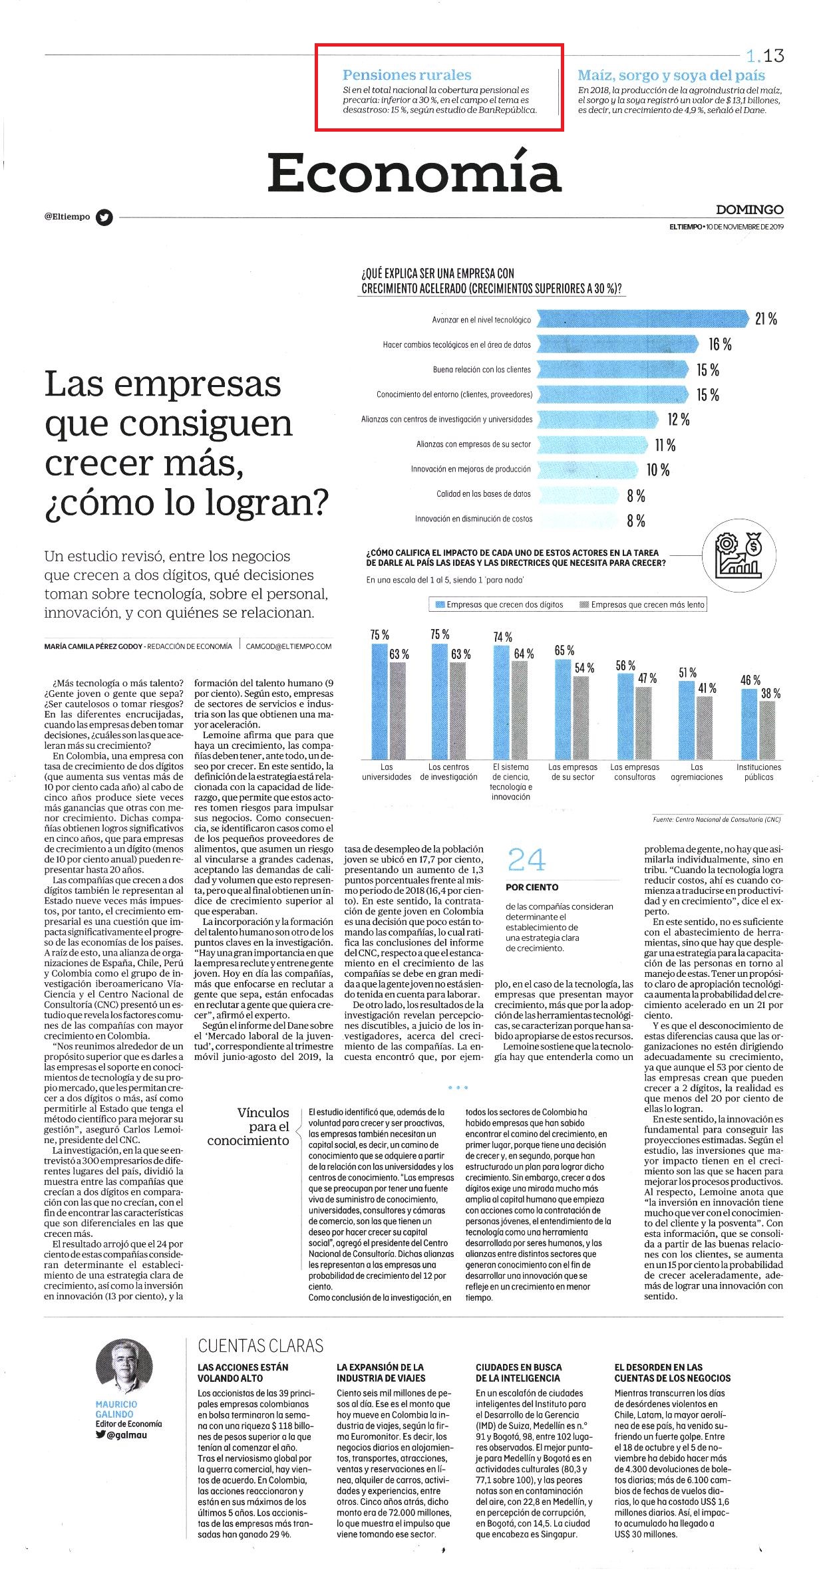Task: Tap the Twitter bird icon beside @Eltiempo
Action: click(104, 217)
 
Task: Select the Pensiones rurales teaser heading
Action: click(407, 75)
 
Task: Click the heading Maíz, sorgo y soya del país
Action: click(671, 75)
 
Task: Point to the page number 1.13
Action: click(765, 55)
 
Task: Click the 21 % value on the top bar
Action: click(766, 319)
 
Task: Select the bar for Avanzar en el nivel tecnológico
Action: click(643, 319)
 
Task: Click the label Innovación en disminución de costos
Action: click(474, 519)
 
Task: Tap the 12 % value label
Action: click(679, 420)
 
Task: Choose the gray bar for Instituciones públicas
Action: click(767, 729)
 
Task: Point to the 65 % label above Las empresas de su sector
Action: click(564, 650)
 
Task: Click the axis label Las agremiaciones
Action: click(697, 771)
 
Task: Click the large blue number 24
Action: click(526, 860)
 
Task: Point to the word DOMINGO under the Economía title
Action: click(750, 209)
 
